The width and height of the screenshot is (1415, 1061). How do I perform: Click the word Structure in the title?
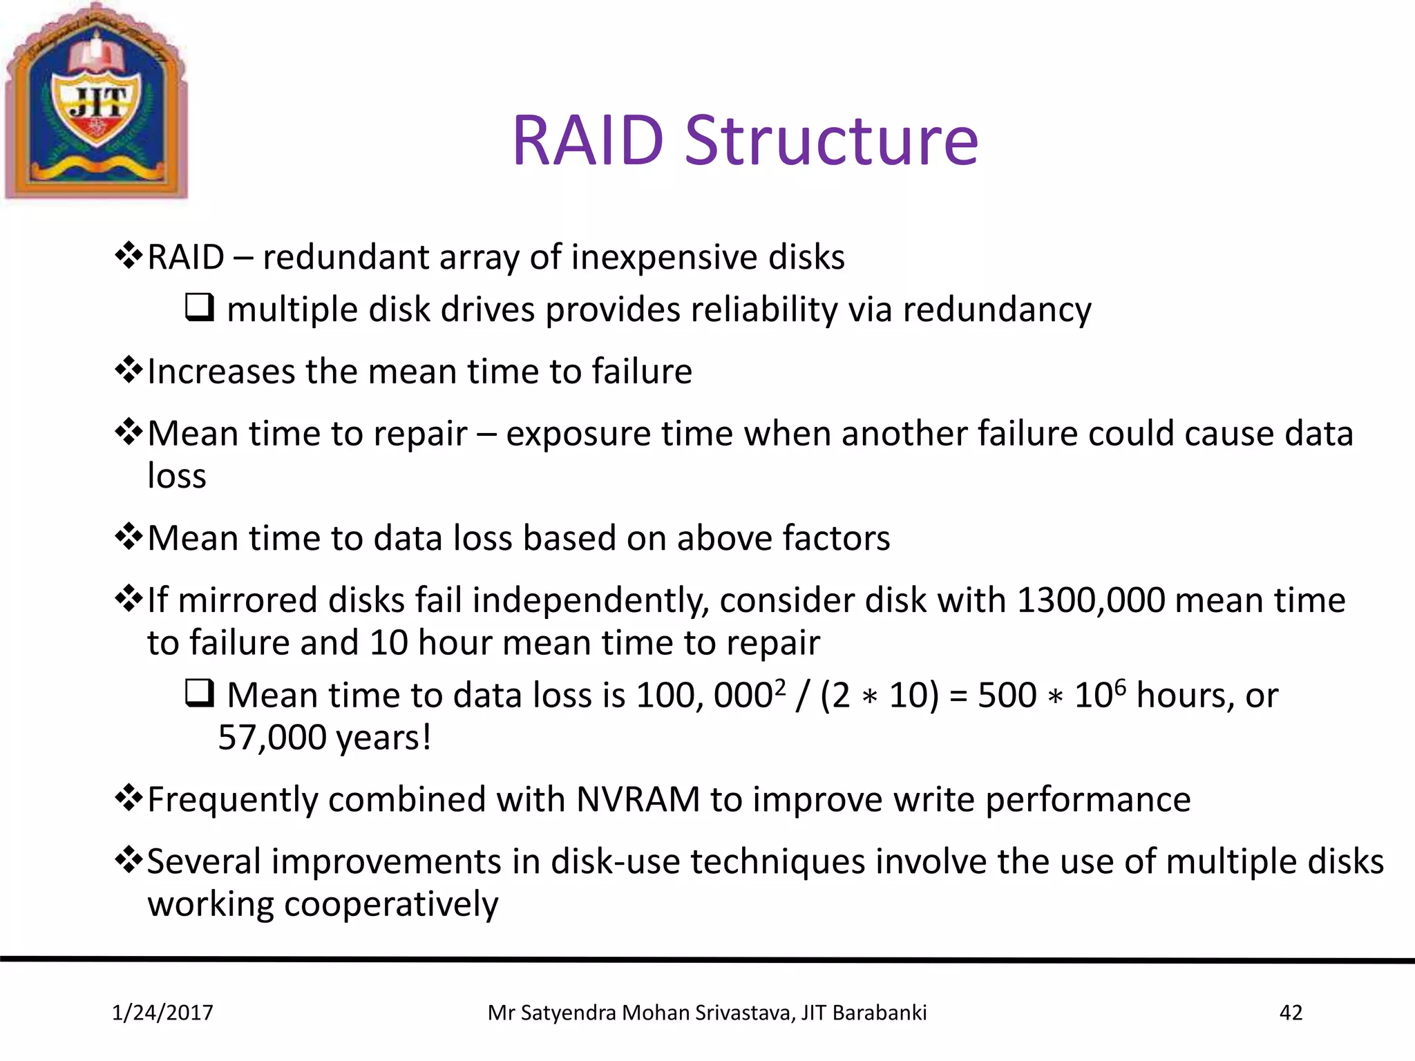(x=831, y=141)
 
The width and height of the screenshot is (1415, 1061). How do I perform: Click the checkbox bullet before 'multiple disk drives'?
(x=200, y=307)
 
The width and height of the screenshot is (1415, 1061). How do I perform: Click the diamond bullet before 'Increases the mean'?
(x=129, y=371)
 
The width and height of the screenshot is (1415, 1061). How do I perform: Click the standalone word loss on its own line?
(x=177, y=476)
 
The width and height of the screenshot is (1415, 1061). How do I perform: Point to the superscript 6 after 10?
(x=1120, y=686)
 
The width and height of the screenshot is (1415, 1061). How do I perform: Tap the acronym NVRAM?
(x=638, y=800)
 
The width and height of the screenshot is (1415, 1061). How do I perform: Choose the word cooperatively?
(x=391, y=905)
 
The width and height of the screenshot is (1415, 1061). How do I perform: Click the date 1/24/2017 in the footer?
(x=162, y=1013)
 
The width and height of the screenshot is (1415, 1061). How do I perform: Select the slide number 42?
(x=1291, y=1013)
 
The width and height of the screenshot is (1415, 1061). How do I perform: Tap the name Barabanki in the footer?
(x=879, y=1013)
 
